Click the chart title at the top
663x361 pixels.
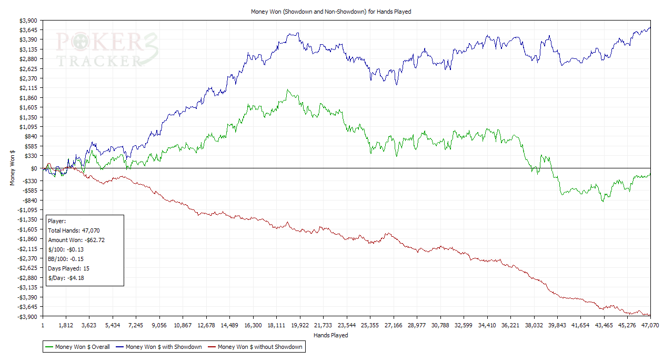(x=330, y=12)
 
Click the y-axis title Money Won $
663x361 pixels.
(x=13, y=168)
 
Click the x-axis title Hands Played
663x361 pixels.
(x=330, y=335)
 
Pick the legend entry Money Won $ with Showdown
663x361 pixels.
(x=164, y=347)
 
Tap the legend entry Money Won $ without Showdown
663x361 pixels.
(x=259, y=347)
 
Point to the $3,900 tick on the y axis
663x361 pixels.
(x=29, y=21)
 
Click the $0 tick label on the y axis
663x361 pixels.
(x=34, y=168)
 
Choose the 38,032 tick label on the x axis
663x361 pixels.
(x=534, y=326)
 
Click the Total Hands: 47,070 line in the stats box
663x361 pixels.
(x=74, y=230)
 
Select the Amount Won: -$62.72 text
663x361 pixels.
(x=76, y=240)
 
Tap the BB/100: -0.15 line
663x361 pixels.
(x=66, y=259)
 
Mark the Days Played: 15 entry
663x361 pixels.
(x=68, y=268)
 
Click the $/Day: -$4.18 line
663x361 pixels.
(x=66, y=278)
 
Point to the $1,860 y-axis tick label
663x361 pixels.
(x=29, y=98)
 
